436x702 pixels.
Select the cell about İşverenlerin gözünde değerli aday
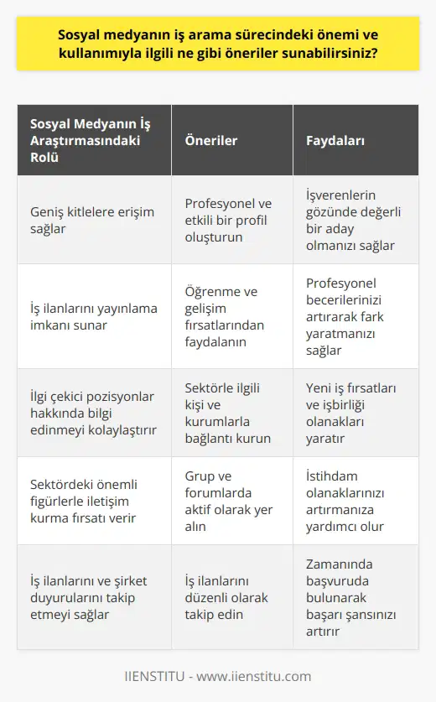[x=353, y=222]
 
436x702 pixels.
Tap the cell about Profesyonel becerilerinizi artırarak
[x=353, y=316]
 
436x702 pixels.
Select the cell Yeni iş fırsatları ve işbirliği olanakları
[x=353, y=413]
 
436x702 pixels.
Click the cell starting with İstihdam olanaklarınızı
[x=353, y=501]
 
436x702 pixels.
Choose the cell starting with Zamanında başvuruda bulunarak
[x=353, y=597]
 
